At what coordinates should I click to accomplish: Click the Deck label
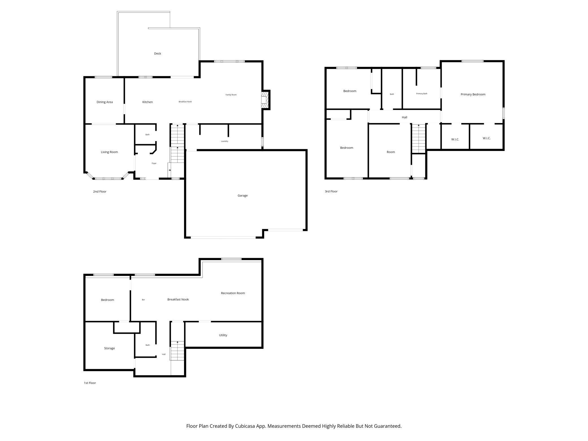tap(157, 53)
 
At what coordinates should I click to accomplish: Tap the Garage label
tap(243, 195)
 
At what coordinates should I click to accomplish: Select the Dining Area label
tap(105, 102)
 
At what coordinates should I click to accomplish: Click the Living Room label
tap(109, 152)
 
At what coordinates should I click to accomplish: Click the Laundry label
tap(224, 141)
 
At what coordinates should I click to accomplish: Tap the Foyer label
tap(154, 163)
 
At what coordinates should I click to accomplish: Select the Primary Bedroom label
tap(473, 94)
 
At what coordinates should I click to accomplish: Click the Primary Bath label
tap(421, 94)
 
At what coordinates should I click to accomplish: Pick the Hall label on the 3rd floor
tap(404, 117)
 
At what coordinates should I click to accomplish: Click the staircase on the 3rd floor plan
tap(418, 139)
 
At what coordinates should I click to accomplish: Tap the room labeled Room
tap(390, 152)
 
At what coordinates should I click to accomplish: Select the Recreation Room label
tap(233, 293)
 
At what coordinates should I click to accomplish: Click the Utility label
tap(223, 335)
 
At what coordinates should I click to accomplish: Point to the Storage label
tap(109, 348)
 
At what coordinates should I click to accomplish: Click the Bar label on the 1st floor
tap(143, 300)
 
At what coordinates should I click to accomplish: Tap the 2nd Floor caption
tap(100, 191)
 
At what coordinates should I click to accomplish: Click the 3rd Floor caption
tap(331, 191)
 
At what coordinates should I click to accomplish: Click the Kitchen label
tap(147, 102)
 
